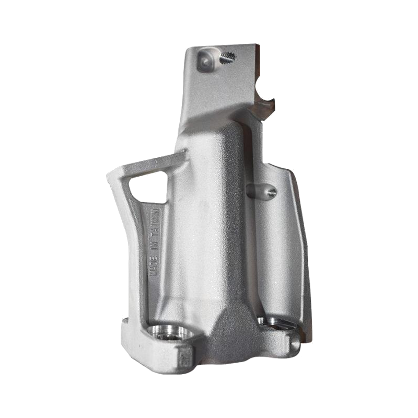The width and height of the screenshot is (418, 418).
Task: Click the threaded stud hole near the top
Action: (x=227, y=58)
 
